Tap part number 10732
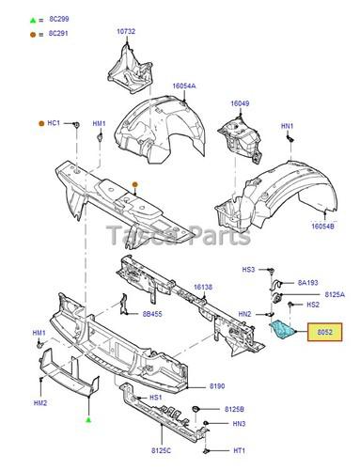click(126, 32)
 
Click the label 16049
click(241, 103)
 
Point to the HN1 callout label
click(287, 127)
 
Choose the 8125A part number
click(333, 294)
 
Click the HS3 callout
click(248, 270)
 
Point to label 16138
click(204, 288)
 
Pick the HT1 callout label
click(241, 449)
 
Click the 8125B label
click(235, 410)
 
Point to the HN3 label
click(241, 424)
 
